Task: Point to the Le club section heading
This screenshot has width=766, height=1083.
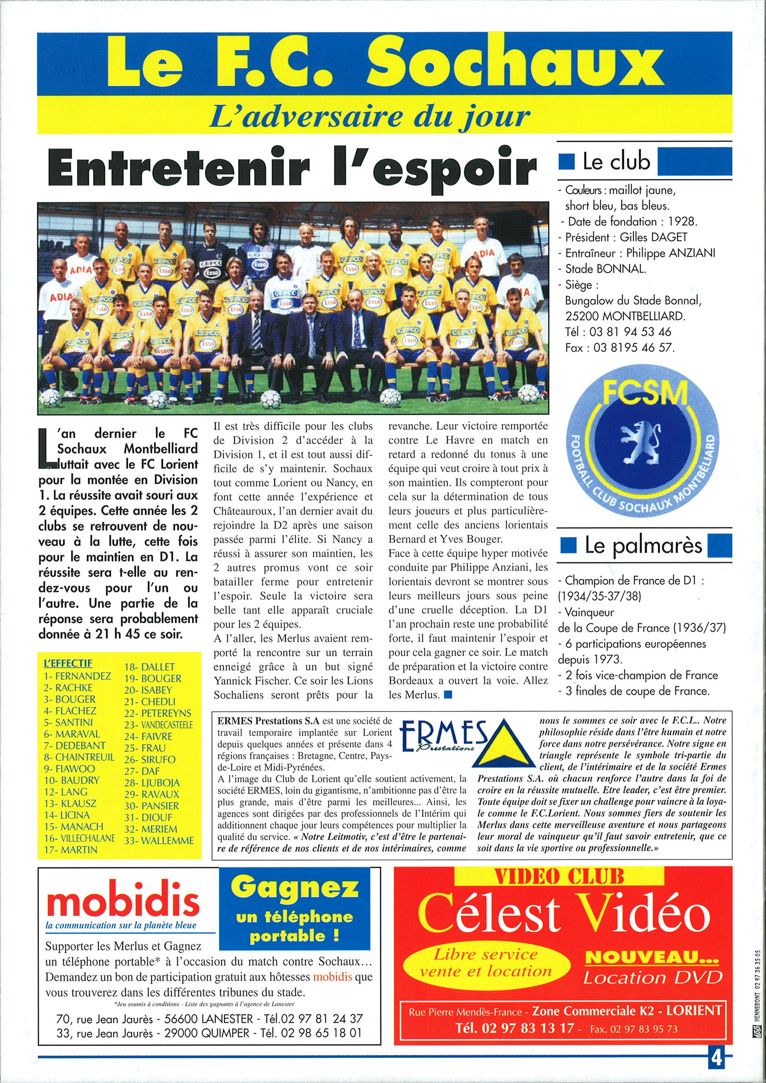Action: [617, 161]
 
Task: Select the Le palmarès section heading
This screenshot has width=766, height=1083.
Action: [644, 545]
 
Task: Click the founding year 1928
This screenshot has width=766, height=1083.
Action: [682, 221]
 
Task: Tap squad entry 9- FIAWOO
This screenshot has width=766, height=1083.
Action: [70, 769]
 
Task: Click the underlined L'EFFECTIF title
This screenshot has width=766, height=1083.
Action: [68, 663]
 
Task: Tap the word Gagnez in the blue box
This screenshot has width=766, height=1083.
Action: [295, 888]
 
